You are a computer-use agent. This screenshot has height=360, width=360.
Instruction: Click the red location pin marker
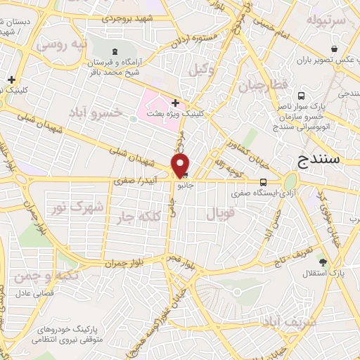pos(181,165)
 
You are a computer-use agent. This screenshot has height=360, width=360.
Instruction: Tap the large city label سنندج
pos(319,160)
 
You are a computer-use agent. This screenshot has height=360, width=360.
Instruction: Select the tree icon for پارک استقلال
pos(323,263)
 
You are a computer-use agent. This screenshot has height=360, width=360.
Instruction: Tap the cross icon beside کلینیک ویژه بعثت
pos(175,103)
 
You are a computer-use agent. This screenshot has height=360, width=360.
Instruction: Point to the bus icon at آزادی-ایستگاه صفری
pos(263,180)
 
